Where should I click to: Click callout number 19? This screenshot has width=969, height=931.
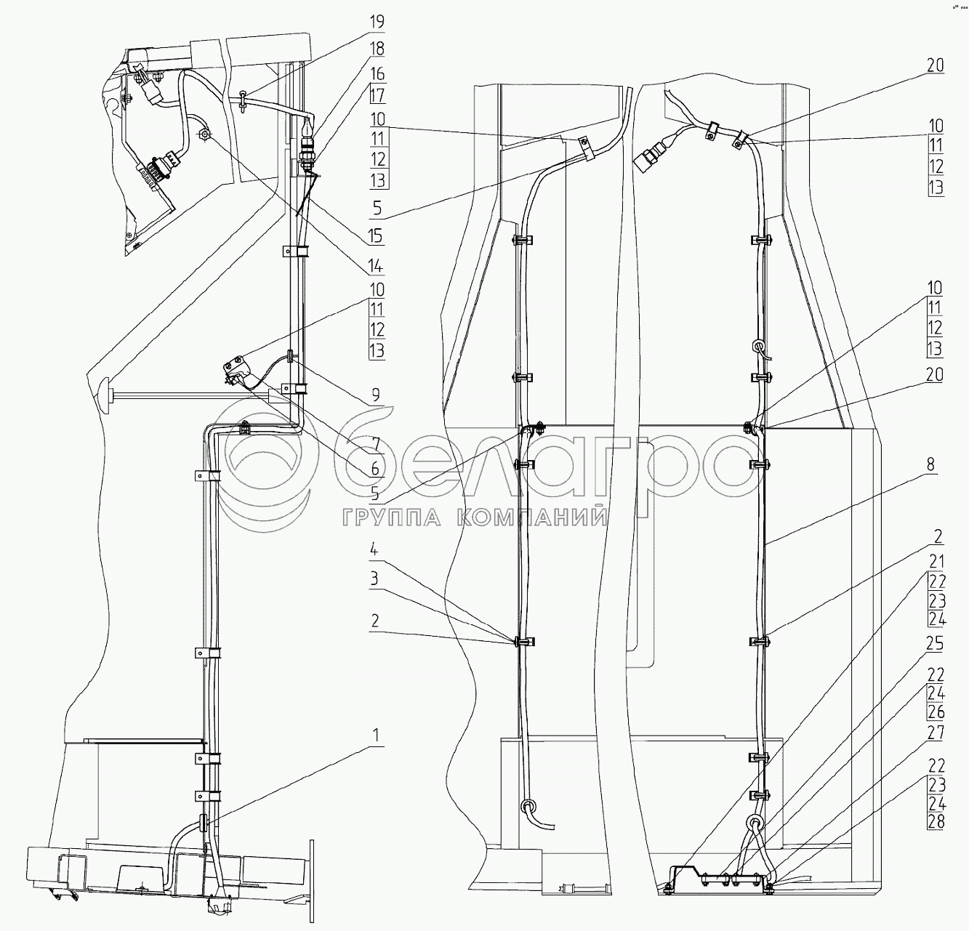(x=377, y=22)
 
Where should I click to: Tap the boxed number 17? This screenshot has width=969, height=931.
(x=377, y=94)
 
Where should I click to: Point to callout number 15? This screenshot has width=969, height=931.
(x=375, y=235)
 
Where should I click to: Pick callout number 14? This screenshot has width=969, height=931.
(x=375, y=267)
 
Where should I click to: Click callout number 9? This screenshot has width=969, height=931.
(x=375, y=395)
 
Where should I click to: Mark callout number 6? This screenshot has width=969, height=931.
(x=375, y=469)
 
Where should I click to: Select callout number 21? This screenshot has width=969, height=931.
(x=936, y=561)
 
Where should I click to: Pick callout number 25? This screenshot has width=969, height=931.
(x=936, y=643)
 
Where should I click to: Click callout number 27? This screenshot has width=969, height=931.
(x=936, y=733)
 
